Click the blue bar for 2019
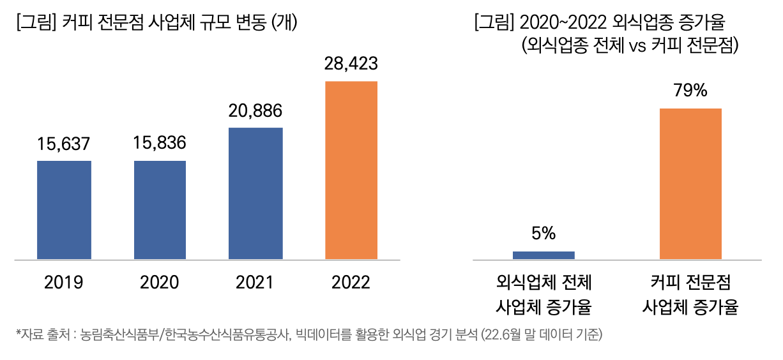pos(64,210)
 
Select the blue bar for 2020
pos(160,210)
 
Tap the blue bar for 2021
pos(255,193)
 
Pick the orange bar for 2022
pos(351,170)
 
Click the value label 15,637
pos(64,144)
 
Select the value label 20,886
pos(255,110)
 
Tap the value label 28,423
pos(351,64)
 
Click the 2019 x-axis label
pos(64,282)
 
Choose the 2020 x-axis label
pos(160,282)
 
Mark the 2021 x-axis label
pos(255,282)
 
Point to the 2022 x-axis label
pos(351,282)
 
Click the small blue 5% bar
pos(544,255)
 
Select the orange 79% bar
pos(690,184)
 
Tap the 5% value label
pos(544,234)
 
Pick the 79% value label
pos(690,91)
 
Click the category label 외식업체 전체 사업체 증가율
pos(544,295)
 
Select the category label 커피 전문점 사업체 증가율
pos(690,295)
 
